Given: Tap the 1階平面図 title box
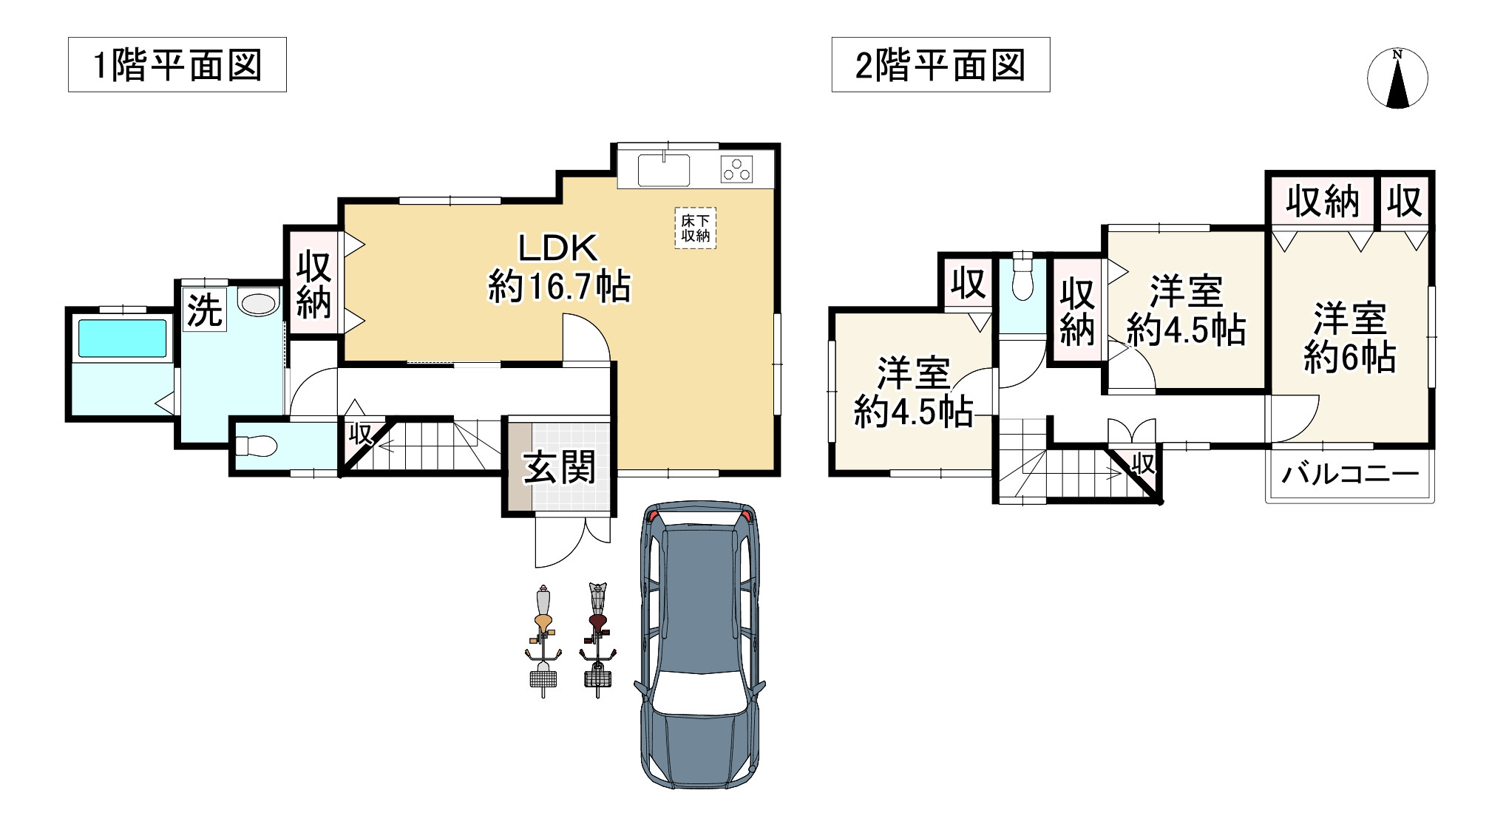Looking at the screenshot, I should [x=177, y=65].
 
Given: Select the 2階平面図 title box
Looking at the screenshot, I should [x=940, y=65].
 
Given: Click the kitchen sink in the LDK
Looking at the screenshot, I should [x=663, y=170].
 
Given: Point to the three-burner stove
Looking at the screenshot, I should [x=736, y=170].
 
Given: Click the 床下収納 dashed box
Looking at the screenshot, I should [x=695, y=228].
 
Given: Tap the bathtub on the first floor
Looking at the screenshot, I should [x=122, y=338].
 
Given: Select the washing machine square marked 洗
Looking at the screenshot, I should [x=204, y=310].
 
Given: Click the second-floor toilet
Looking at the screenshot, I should [x=1022, y=278].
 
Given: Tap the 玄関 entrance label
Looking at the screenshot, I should [x=559, y=468].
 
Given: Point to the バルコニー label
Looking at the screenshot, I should [x=1350, y=473].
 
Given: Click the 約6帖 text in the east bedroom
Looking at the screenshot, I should [x=1349, y=359].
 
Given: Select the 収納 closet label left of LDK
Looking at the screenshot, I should [x=313, y=285].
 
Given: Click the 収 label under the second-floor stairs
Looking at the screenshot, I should [x=1143, y=464].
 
